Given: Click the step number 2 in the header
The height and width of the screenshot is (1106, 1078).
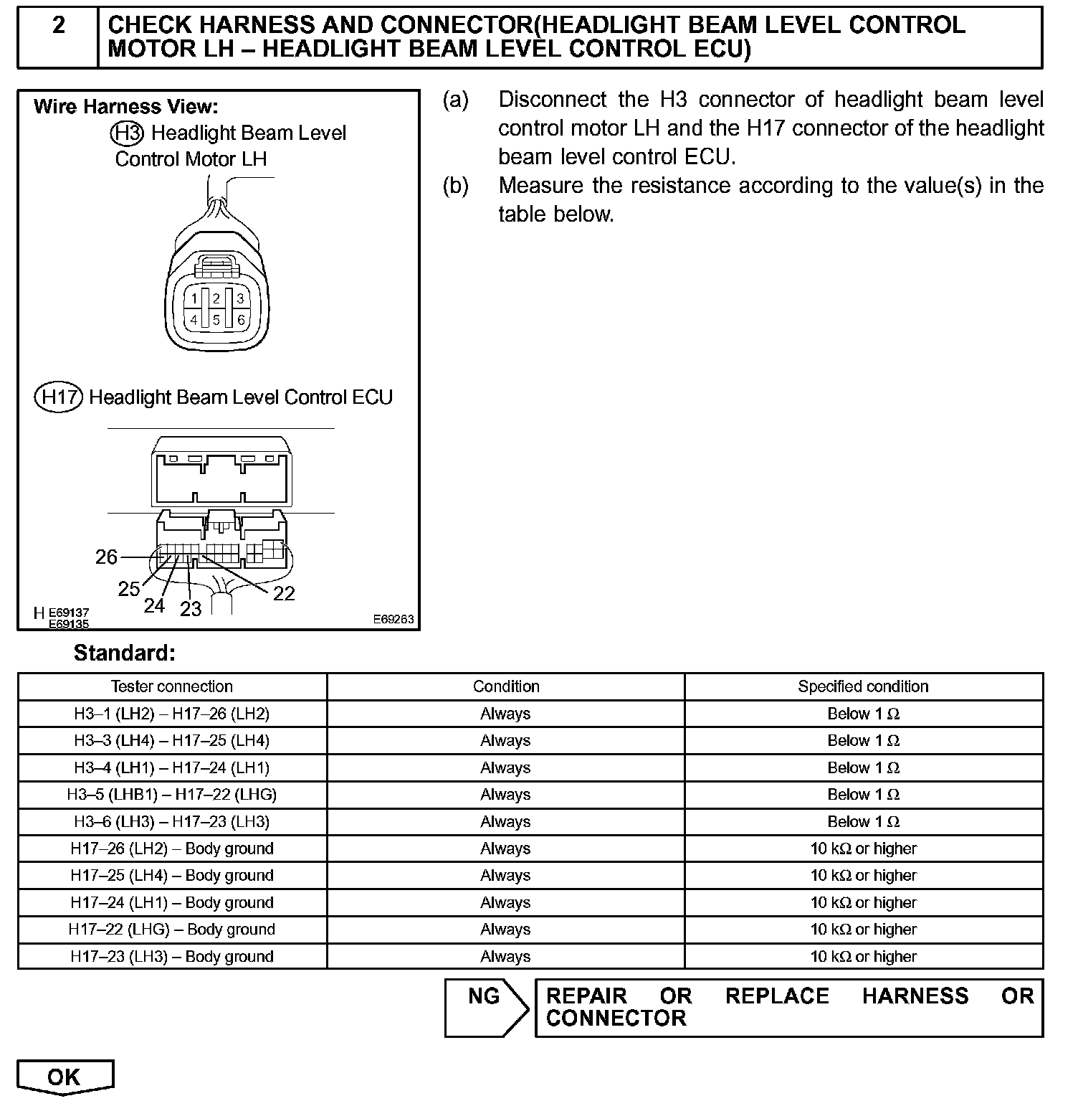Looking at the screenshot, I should click(59, 26).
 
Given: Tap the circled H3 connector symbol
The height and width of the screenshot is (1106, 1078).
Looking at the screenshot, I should click(128, 133).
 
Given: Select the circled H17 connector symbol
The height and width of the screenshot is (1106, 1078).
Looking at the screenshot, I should click(59, 397).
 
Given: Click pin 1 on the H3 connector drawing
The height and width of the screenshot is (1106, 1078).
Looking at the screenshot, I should click(194, 298).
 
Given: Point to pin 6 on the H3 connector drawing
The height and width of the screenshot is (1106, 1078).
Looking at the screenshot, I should click(241, 321).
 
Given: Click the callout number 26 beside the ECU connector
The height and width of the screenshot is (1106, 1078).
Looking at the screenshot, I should click(106, 557).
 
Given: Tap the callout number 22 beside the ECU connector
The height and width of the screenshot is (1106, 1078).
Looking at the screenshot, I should click(284, 593).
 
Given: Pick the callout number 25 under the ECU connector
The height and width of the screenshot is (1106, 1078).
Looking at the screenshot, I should click(129, 589).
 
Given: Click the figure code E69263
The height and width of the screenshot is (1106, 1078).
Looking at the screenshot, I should click(393, 619).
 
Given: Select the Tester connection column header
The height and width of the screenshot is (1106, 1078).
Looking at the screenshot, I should click(172, 686).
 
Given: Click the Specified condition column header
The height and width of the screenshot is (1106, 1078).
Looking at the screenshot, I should click(863, 686).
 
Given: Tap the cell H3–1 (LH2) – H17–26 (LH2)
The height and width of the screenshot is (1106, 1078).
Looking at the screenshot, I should click(172, 714).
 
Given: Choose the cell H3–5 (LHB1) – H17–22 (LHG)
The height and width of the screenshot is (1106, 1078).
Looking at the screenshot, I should click(172, 795).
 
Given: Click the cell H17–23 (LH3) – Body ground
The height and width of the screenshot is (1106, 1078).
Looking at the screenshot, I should click(172, 956).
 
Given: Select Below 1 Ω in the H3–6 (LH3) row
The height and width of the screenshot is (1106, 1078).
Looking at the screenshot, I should click(863, 821).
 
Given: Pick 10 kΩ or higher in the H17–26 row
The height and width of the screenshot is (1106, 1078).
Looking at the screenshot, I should click(863, 849).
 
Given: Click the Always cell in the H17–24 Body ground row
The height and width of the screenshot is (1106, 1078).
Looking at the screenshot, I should click(505, 902).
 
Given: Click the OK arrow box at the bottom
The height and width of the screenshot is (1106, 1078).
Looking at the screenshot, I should click(65, 1077).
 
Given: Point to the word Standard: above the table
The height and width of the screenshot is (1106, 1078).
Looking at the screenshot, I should click(124, 653).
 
